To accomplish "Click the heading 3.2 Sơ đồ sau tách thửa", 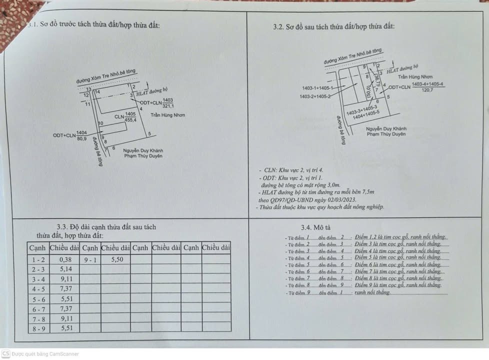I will coord(334,26).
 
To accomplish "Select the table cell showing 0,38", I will coord(65,259).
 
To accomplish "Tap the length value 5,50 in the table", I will coord(116,259).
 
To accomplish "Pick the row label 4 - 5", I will coord(38,288).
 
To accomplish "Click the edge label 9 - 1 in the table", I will coord(90,259).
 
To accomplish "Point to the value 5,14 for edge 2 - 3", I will coord(65,269).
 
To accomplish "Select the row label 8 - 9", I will coord(38,328).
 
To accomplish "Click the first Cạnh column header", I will coord(37,247).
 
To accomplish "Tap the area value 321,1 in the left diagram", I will coord(168,106).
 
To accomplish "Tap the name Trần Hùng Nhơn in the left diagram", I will coord(168,115).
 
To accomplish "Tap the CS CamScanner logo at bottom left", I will coord(6,353).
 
